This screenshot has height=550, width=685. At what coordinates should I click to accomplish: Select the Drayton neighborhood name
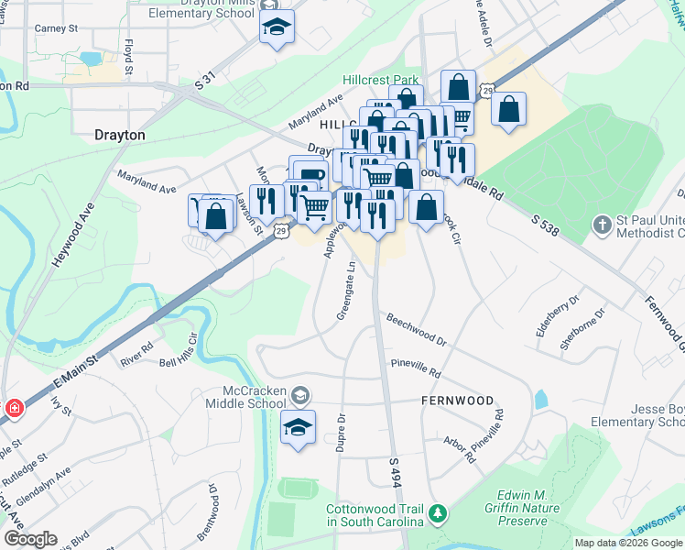pyautogui.click(x=120, y=135)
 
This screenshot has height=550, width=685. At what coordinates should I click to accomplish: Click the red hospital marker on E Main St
pyautogui.click(x=13, y=408)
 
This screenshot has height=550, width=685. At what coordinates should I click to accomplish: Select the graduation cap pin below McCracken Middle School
pyautogui.click(x=298, y=428)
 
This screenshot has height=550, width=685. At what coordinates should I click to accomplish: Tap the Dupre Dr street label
pyautogui.click(x=341, y=429)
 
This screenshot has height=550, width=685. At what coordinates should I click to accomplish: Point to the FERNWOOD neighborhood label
pyautogui.click(x=457, y=401)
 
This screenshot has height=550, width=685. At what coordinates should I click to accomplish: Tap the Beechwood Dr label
pyautogui.click(x=416, y=330)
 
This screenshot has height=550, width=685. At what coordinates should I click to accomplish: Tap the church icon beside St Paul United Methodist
pyautogui.click(x=602, y=224)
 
